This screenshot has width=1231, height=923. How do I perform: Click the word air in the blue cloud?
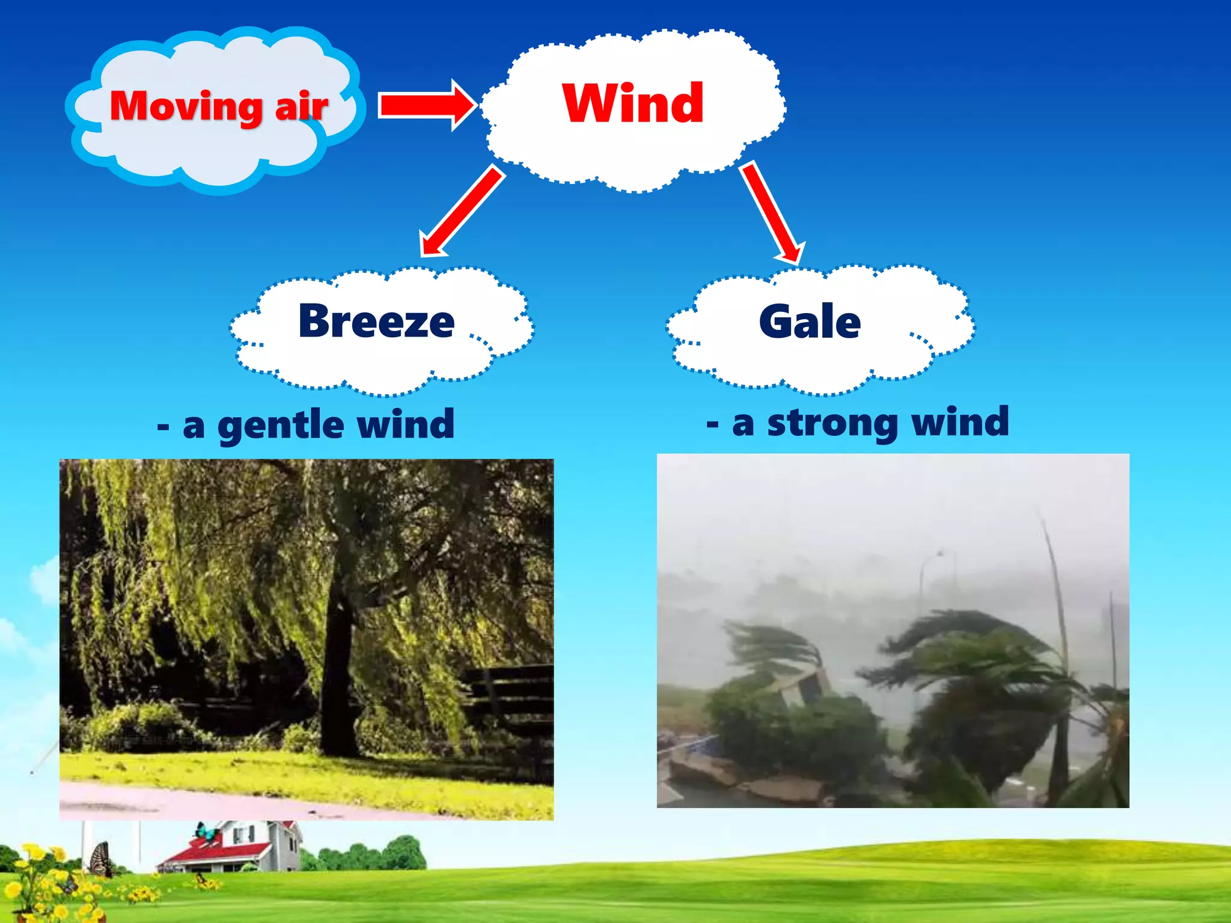(301, 106)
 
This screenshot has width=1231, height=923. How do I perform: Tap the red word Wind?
(633, 103)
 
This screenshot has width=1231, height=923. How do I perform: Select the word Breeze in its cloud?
(376, 321)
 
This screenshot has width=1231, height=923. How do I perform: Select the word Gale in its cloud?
(810, 322)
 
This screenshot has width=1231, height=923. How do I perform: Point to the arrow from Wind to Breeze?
(463, 210)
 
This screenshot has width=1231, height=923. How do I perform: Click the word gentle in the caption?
(281, 425)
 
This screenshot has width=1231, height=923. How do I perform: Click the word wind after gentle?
(406, 424)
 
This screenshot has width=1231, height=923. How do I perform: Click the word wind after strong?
(960, 422)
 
